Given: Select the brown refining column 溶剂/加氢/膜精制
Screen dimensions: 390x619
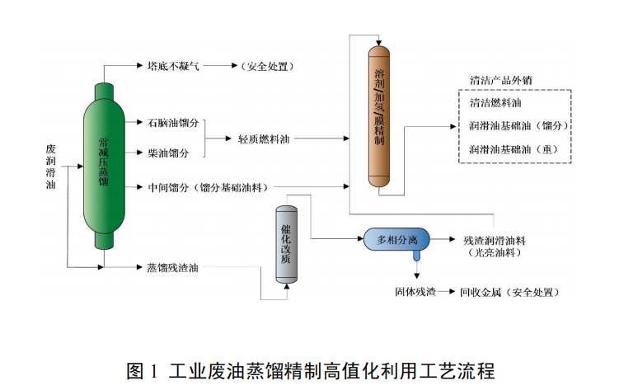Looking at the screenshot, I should (378, 115).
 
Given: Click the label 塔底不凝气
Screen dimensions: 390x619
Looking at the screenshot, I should (173, 65).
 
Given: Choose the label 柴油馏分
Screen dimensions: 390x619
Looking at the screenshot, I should (168, 153).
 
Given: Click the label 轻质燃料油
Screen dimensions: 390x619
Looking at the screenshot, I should (264, 139).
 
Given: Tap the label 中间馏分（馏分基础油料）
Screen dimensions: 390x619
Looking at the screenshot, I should (207, 187).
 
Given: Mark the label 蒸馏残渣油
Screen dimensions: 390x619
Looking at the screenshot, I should (172, 267).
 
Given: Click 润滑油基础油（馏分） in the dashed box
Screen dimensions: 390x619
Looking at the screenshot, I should (519, 126).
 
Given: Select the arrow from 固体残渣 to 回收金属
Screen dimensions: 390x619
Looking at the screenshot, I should (446, 292).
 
